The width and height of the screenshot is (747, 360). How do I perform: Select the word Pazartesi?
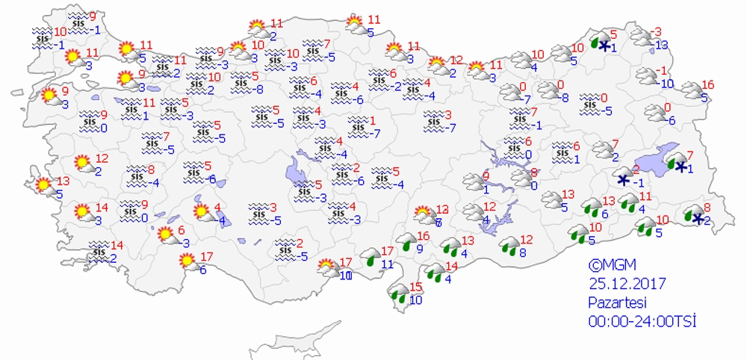tap(616, 302)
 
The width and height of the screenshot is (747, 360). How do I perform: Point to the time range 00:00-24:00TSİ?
tap(642, 321)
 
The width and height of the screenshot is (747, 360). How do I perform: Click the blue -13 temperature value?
tap(660, 46)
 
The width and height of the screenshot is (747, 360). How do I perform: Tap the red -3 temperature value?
tap(657, 31)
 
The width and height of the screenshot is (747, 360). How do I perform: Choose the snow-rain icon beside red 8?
tap(695, 215)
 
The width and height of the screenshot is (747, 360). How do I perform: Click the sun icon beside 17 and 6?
tap(187, 262)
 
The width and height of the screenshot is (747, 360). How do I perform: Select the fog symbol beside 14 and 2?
tap(98, 253)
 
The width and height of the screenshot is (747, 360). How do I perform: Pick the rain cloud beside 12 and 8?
tap(511, 246)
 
